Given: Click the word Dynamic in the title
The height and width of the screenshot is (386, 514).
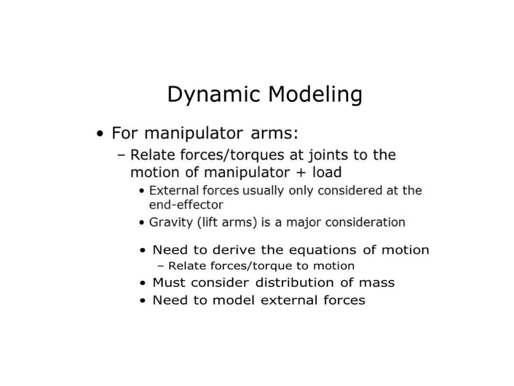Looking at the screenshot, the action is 214,95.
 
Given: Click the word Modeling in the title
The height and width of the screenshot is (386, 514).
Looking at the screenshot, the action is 315,95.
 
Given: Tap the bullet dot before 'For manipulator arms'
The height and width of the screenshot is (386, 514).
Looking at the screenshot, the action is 100,134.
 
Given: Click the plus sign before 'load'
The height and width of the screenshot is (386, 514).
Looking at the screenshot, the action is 301,173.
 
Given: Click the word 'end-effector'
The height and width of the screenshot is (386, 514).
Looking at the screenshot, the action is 186,205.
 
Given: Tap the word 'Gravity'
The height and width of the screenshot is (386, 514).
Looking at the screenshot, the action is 171,222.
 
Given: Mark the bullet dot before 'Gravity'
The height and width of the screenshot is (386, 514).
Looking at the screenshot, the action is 142,223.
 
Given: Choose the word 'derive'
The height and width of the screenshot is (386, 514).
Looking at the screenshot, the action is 234,250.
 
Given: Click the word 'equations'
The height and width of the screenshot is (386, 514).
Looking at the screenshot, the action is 323,250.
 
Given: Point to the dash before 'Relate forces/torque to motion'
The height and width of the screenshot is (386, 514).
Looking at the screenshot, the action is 161,266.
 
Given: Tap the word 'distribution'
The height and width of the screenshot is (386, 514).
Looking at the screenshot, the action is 294,283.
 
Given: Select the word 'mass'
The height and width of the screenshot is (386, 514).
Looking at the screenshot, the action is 377,283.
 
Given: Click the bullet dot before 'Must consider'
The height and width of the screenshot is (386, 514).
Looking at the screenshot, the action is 143,283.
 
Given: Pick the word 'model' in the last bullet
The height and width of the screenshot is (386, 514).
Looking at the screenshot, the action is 233,300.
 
